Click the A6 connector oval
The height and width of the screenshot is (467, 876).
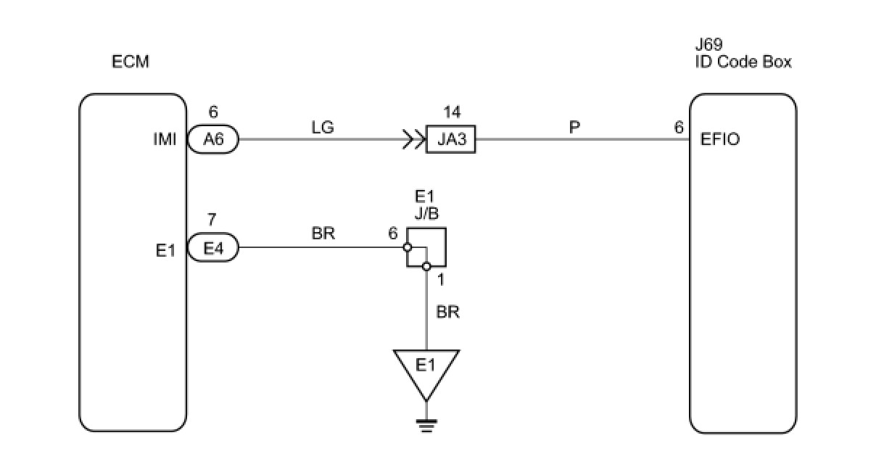coord(213,139)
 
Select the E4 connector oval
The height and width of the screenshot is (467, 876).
coord(213,247)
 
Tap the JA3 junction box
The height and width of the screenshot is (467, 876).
coord(450,139)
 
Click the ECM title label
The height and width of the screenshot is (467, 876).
coord(131,62)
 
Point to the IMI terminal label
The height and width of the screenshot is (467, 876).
coord(165,139)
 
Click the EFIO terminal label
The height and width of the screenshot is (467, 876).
coord(720,139)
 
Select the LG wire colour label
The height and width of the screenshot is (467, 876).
coord(323,128)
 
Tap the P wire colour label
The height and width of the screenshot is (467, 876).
coord(574,127)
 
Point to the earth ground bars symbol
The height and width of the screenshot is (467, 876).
coord(426,426)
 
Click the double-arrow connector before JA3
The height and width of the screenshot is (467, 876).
coord(414,139)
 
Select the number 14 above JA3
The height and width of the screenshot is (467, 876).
coord(452,112)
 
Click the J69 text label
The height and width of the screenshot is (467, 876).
coord(708,44)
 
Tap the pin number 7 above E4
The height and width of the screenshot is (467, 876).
coord(212,220)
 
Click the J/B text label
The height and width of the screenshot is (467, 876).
coord(426,213)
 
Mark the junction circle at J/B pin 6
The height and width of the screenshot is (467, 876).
coord(407,247)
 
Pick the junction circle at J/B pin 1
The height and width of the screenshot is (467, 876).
coord(426,267)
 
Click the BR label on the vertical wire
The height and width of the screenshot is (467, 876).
coord(447,312)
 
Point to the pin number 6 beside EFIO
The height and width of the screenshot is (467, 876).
coord(679,128)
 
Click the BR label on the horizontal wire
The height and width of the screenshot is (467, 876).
coord(323,233)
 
